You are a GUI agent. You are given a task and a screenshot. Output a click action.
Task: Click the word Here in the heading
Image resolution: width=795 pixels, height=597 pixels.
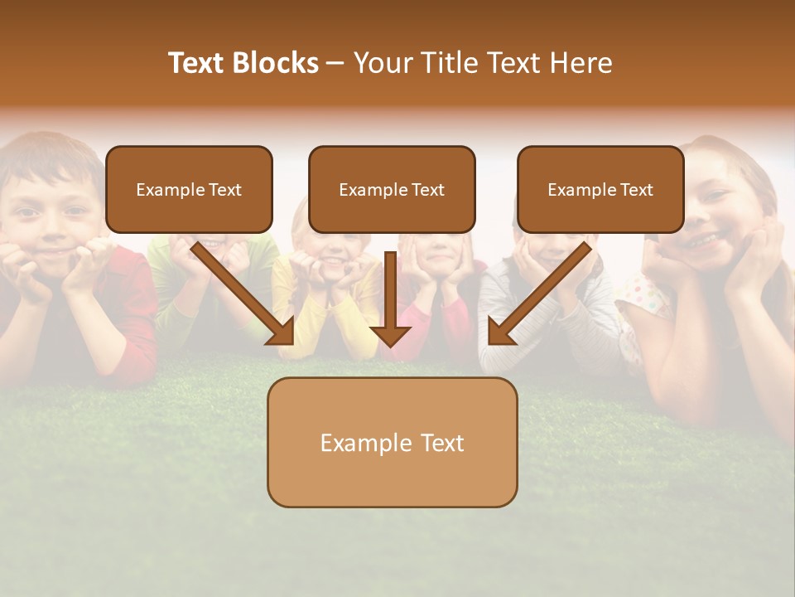point(581,63)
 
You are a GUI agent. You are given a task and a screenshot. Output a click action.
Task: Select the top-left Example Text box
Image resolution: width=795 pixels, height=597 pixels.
point(189,189)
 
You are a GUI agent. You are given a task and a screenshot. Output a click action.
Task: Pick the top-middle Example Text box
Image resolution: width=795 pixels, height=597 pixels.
point(392,189)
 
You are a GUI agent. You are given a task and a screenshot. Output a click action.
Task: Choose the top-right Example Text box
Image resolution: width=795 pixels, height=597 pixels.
point(600,189)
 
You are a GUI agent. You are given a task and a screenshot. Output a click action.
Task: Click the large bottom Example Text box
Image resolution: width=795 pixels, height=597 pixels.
point(392,442)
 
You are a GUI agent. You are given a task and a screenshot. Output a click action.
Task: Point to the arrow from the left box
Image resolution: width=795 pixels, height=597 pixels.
point(243,294)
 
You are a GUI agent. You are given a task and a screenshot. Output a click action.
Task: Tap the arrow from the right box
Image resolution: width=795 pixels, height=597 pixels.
point(538,294)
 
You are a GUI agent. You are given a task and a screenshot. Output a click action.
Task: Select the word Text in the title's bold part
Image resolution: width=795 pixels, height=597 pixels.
point(196,63)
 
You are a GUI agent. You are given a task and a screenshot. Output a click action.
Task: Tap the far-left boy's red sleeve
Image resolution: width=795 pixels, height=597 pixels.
point(137,315)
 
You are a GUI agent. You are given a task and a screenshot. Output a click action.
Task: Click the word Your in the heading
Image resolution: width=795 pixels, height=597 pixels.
point(380,63)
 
